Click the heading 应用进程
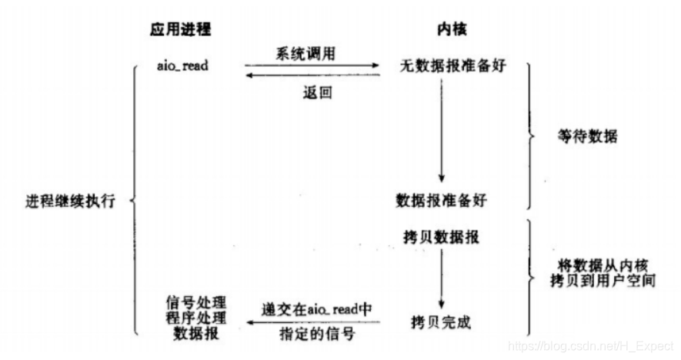pos(180,29)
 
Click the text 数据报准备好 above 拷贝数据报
pos(441,200)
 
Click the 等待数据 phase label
pos(587,138)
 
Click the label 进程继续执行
pos(69,202)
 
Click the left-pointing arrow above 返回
pos(312,75)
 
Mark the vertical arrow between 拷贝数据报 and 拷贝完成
pos(441,277)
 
